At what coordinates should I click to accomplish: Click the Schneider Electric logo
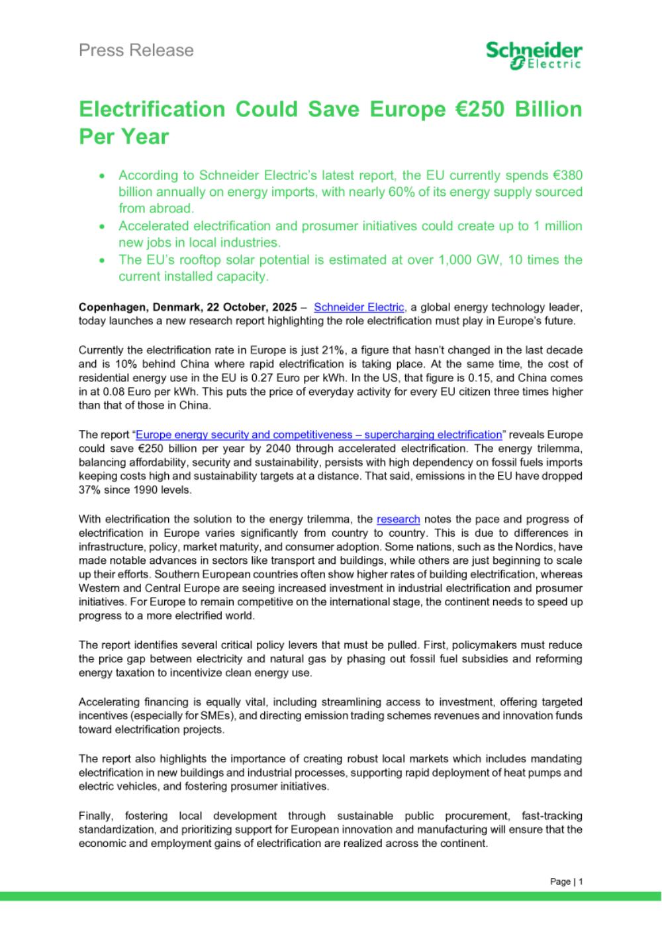[534, 55]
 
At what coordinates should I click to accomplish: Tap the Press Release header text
[136, 50]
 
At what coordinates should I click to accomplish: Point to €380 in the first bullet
[567, 175]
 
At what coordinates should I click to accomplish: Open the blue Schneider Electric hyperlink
[358, 307]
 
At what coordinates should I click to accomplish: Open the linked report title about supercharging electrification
[318, 435]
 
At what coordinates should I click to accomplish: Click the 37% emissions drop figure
[89, 490]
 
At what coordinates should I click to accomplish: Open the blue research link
[398, 519]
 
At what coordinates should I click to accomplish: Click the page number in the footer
[581, 881]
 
